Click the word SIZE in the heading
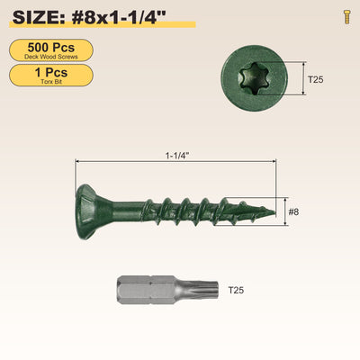click(x=36, y=17)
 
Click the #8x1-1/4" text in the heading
click(x=119, y=17)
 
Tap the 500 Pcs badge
click(x=51, y=50)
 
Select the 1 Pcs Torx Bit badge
click(x=51, y=76)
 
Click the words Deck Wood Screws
click(x=51, y=57)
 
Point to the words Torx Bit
click(x=51, y=82)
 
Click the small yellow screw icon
click(x=347, y=17)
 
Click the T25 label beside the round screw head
click(x=316, y=79)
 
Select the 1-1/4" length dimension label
click(x=177, y=156)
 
